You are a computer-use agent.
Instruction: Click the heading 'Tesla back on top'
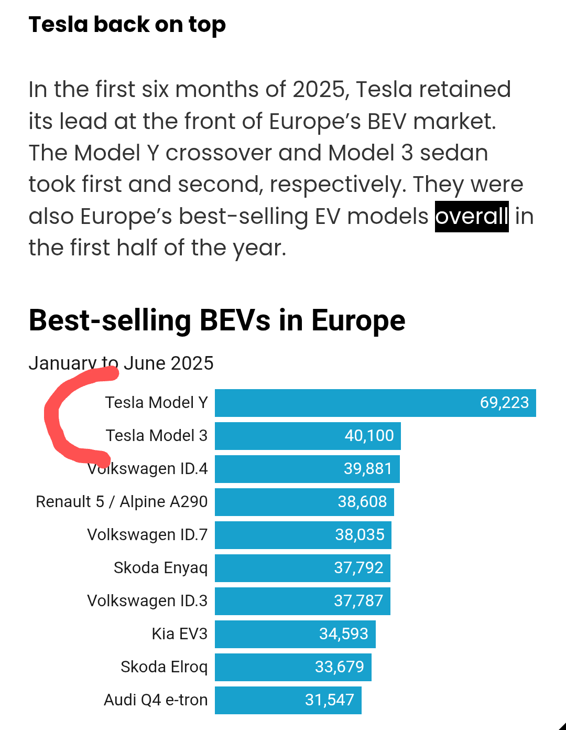click(x=127, y=25)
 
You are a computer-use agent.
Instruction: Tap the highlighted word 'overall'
click(x=472, y=216)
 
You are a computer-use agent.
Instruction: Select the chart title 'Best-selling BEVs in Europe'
click(x=217, y=320)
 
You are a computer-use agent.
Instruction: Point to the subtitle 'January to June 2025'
click(x=121, y=363)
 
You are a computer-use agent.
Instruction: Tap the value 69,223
click(x=504, y=403)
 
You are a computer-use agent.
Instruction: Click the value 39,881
click(x=368, y=469)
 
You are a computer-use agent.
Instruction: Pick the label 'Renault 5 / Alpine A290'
click(x=122, y=502)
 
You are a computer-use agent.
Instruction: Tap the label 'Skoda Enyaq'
click(x=160, y=568)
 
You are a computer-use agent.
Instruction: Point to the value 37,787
click(x=358, y=601)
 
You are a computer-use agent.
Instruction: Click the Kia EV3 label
click(x=179, y=634)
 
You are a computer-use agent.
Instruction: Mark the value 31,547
click(x=329, y=700)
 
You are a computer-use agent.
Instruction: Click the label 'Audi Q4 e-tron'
click(x=156, y=700)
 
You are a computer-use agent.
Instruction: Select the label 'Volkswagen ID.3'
click(x=147, y=601)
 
